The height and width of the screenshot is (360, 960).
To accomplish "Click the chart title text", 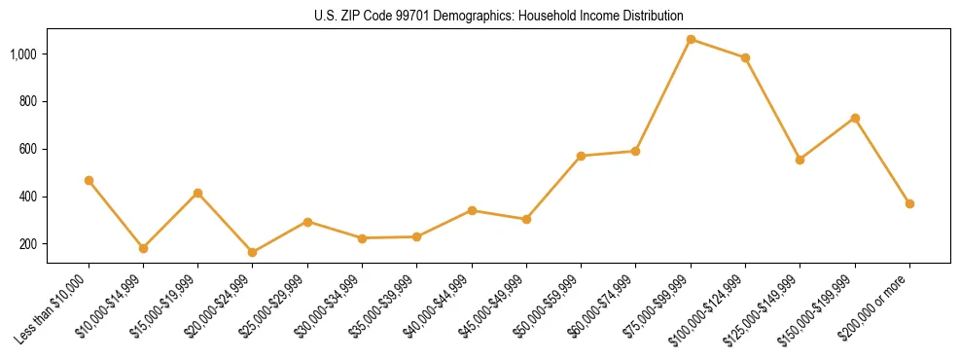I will pos(498,16).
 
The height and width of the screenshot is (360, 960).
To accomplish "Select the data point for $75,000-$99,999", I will pos(691,40).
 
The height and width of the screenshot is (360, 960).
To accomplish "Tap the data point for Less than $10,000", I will pos(89,180).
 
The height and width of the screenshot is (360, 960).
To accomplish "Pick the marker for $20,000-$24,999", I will pos(253,252).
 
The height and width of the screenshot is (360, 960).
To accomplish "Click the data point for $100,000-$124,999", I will pos(745,57).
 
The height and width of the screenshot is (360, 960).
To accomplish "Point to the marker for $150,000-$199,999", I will pos(855,118).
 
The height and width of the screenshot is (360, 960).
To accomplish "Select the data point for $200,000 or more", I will pos(909,203).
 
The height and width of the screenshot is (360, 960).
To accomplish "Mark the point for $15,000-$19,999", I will pos(197,193).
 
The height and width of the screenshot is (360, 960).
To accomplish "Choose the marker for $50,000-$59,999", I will pos(581,156).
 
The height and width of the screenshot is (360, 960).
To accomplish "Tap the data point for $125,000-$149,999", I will pos(800,160).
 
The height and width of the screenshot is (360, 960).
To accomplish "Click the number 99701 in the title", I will pos(413,16).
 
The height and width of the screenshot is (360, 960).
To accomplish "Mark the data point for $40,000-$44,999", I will pos(472,210).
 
